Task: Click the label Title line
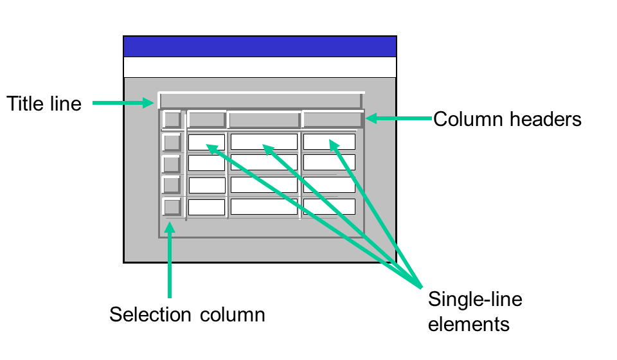click(x=44, y=104)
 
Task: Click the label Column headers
click(x=507, y=119)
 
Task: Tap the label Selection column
click(x=187, y=315)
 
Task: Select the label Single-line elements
click(x=475, y=312)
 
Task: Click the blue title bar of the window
click(x=260, y=47)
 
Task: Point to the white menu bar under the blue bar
click(x=260, y=67)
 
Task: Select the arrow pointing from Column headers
click(x=398, y=118)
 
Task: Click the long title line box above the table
click(x=260, y=100)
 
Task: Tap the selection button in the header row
click(x=172, y=120)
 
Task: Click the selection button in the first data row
click(x=172, y=141)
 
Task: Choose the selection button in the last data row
click(x=172, y=207)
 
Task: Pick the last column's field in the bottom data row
click(x=329, y=207)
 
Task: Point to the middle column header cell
click(x=264, y=120)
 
